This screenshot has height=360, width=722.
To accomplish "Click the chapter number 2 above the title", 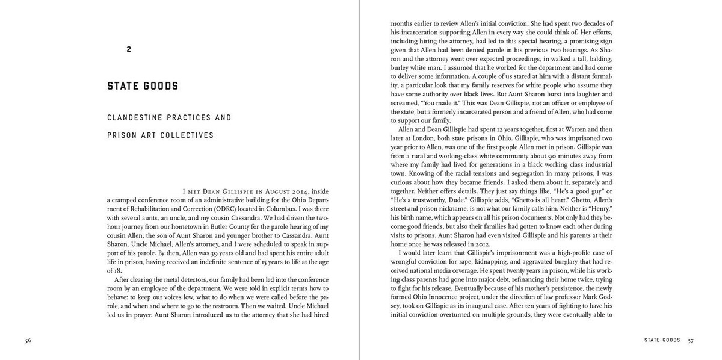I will [x=129, y=50].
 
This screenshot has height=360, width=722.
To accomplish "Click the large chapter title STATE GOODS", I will [x=143, y=86].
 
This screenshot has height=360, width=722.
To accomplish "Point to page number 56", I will [x=28, y=340].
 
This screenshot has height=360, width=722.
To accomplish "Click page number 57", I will [x=691, y=340].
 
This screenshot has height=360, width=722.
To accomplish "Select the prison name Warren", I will [x=572, y=129].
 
